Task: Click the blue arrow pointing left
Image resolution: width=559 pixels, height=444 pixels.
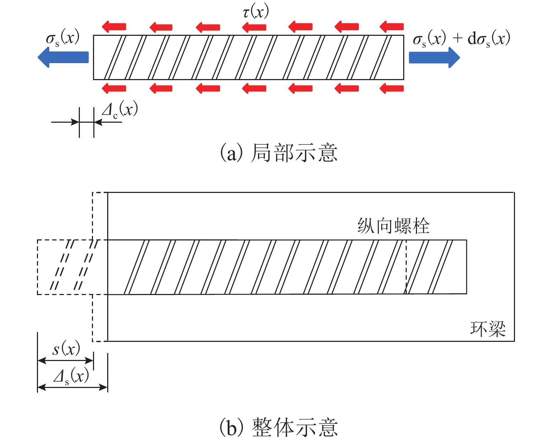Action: tap(63, 57)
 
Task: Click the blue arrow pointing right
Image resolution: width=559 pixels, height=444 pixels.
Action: tap(434, 57)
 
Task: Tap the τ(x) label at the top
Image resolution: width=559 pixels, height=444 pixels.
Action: tap(256, 12)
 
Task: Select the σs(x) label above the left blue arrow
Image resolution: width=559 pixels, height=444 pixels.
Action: tap(62, 38)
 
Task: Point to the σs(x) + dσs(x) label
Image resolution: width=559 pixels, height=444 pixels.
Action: tap(461, 38)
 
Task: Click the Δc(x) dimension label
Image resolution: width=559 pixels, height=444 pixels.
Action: tap(120, 110)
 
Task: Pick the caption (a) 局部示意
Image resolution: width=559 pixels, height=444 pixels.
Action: tap(279, 153)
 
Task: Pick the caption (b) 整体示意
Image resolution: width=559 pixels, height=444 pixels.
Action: tap(279, 427)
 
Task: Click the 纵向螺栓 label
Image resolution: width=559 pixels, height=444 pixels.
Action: tap(393, 226)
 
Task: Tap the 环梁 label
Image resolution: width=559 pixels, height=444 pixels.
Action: tap(488, 329)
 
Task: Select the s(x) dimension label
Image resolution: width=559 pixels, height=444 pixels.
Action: tap(66, 349)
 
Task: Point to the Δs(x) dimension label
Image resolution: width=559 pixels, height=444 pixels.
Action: tap(71, 376)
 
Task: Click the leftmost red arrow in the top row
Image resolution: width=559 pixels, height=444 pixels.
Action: tap(114, 26)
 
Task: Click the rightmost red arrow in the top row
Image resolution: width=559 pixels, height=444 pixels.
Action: tap(391, 26)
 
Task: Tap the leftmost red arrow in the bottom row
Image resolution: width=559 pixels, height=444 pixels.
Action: tap(114, 88)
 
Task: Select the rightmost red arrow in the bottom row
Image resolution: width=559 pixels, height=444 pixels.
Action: tap(391, 88)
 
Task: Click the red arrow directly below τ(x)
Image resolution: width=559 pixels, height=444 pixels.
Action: tap(254, 27)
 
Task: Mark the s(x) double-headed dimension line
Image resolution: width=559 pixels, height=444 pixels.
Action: tap(65, 361)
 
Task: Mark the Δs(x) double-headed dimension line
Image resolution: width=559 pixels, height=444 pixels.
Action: tap(72, 387)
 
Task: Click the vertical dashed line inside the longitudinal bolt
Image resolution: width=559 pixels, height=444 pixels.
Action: tap(406, 267)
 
